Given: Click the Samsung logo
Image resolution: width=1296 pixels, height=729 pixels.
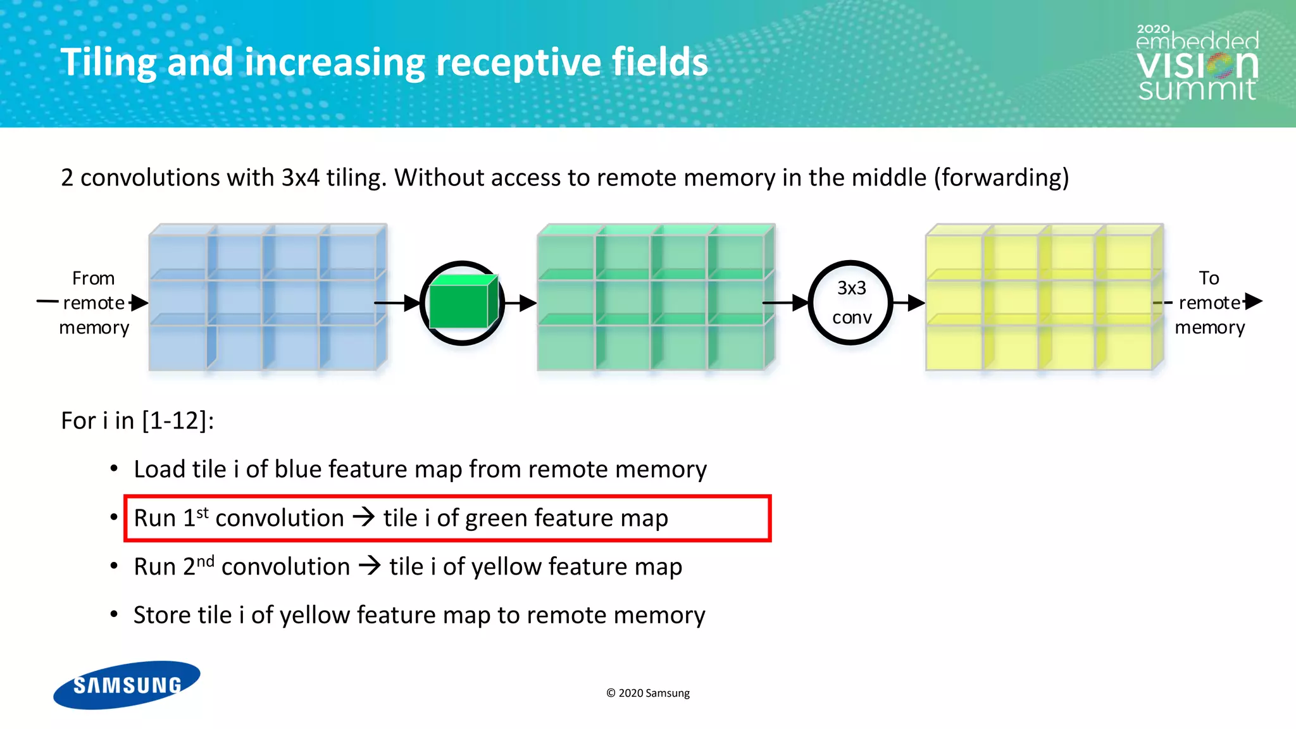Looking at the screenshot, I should tap(127, 685).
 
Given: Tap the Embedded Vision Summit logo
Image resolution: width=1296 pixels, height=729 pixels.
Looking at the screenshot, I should tap(1197, 63).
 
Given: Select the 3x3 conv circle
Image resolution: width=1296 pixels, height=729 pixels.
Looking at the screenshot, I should tap(850, 302).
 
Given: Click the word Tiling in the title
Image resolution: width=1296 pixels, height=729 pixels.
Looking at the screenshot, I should tap(108, 63).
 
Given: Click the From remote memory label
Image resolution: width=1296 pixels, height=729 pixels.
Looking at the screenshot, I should tap(94, 302).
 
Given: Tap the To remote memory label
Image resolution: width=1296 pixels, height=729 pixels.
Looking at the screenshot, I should tap(1209, 302).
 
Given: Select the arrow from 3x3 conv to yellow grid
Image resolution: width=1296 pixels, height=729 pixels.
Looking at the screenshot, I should tap(909, 303).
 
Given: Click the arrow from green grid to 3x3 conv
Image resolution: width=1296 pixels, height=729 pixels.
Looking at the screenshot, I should tap(785, 303).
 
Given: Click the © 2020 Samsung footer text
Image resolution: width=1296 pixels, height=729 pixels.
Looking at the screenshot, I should tap(647, 693).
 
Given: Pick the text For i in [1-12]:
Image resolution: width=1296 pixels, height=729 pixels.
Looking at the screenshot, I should tap(137, 421).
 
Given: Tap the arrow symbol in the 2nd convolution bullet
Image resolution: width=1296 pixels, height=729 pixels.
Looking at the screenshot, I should tap(370, 565).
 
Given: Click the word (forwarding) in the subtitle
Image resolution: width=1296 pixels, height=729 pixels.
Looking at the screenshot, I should tap(1001, 178).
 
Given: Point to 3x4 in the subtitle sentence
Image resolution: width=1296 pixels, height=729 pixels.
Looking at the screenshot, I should tap(300, 178).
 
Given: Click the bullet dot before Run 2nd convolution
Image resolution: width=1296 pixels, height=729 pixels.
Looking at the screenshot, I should tap(114, 566).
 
